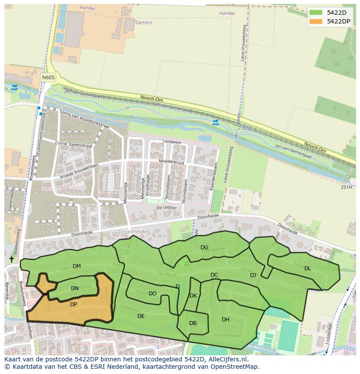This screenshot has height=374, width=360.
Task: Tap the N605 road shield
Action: pos(48,77)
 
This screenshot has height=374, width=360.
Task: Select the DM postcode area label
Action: pos(77,266)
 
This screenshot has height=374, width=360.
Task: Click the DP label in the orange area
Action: pos(73,304)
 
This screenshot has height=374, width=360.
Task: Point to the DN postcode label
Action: pos(75,288)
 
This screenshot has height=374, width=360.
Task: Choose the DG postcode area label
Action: pos(204,248)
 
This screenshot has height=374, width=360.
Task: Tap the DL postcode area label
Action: pos(308,268)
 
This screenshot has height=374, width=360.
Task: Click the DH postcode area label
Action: pos(226,320)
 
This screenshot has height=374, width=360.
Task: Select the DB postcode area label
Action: pos(193,323)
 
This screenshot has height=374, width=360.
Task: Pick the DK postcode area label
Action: pos(193,296)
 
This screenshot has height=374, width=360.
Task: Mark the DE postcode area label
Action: pos(141,316)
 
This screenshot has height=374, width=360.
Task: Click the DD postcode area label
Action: pos(153,294)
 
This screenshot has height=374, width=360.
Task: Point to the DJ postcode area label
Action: pos(253,275)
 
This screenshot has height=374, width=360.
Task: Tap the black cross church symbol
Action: pos(11,259)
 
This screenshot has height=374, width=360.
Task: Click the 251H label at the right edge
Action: pos(346,187)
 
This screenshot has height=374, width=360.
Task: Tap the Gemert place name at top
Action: pos(143,22)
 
